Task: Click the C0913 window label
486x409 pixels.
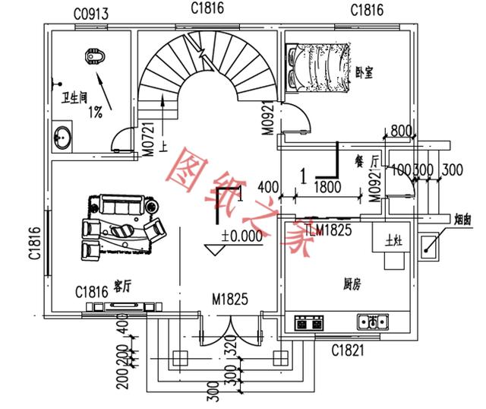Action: point(91,12)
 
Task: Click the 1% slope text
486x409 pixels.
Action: point(96,113)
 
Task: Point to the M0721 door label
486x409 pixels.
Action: point(150,138)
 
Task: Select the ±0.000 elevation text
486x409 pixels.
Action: point(241,236)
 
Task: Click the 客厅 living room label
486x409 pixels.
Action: point(122,286)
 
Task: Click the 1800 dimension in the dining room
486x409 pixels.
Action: point(327,185)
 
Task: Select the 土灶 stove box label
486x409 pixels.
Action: point(393,241)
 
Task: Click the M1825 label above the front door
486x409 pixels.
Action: point(232,299)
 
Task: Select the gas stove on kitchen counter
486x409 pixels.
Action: point(308,322)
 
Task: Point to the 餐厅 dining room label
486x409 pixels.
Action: point(366,161)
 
